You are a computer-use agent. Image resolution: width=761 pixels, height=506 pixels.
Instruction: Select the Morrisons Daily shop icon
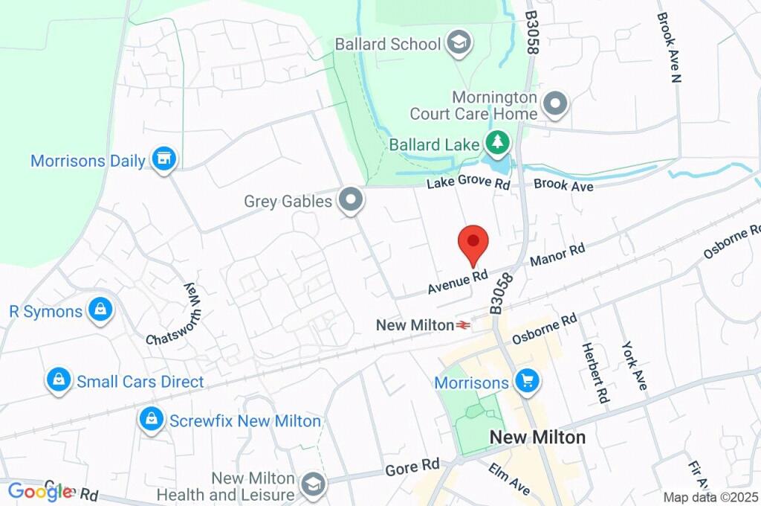[163, 158]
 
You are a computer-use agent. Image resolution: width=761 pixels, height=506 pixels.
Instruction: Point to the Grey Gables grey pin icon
[350, 200]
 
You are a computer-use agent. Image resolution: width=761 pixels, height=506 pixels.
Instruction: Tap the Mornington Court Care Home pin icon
[554, 104]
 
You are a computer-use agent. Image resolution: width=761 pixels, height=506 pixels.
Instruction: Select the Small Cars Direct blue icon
[57, 380]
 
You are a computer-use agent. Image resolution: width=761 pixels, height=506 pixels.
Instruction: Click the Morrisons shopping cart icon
[528, 382]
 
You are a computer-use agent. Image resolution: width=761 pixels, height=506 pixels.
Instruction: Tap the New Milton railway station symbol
[464, 325]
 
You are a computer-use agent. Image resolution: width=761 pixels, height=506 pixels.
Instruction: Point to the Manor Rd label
[557, 255]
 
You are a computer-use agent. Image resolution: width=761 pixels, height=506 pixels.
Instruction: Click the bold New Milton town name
[537, 437]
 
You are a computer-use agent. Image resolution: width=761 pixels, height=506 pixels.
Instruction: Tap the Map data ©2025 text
[710, 497]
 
